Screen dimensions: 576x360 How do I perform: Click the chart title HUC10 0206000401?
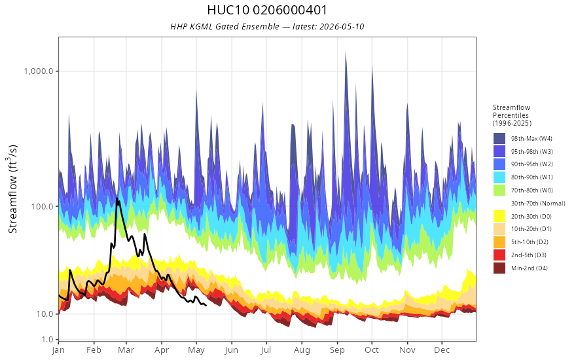pos(267,10)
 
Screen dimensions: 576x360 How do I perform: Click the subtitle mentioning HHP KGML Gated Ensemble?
pos(267,26)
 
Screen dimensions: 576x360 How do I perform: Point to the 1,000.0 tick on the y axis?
pos(39,71)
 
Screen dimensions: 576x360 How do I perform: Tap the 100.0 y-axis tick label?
pos(43,206)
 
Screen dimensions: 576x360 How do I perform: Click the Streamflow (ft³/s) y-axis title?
pos(12,189)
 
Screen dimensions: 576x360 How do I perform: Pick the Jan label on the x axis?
pos(58,350)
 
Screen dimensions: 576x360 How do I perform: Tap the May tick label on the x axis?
pos(196,350)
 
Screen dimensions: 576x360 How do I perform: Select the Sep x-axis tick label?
pos(337,350)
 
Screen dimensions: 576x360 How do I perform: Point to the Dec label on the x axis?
pos(442,350)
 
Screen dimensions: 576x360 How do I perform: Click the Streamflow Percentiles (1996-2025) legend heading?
pos(512,115)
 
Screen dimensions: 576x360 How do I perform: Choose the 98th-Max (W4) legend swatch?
pos(499,139)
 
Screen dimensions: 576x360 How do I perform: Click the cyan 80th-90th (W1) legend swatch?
pos(499,177)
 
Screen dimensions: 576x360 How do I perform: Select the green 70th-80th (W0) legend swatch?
pos(499,190)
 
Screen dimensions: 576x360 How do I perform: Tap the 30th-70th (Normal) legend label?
pos(538,203)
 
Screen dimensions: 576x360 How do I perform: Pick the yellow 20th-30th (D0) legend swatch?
pos(499,216)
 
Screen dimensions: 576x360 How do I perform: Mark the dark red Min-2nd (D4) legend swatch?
pos(499,268)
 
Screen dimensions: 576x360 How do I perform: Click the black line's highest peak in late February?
pos(117,199)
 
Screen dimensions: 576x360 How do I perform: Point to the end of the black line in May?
pos(206,305)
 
